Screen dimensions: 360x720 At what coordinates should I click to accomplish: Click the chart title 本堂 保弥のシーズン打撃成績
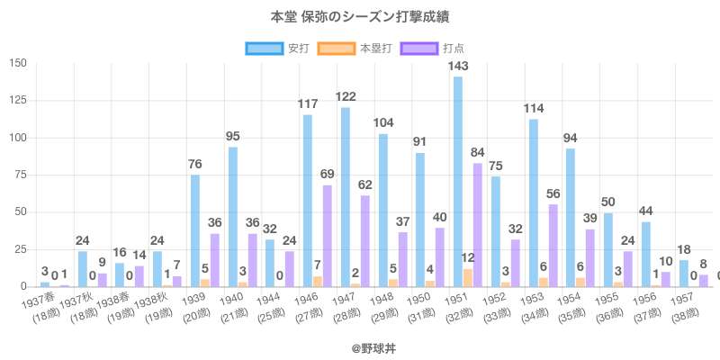coord(359,16)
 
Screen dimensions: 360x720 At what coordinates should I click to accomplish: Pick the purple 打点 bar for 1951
coord(477,225)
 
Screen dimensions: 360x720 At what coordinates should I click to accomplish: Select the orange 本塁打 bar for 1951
coord(468,278)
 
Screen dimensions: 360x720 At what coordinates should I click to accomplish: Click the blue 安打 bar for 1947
coord(346,197)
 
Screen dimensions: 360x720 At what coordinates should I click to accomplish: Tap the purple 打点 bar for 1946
coord(327,236)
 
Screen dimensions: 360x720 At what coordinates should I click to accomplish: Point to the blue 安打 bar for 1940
coord(233,217)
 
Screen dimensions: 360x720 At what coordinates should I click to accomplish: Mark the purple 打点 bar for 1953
coord(553,246)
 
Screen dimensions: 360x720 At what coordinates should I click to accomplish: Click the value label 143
coord(458,67)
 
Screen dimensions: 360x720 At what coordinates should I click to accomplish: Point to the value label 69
coord(328,175)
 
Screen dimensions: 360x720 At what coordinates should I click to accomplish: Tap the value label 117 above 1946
coord(308,104)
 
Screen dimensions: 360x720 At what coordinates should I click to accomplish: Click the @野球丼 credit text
coord(359,344)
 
